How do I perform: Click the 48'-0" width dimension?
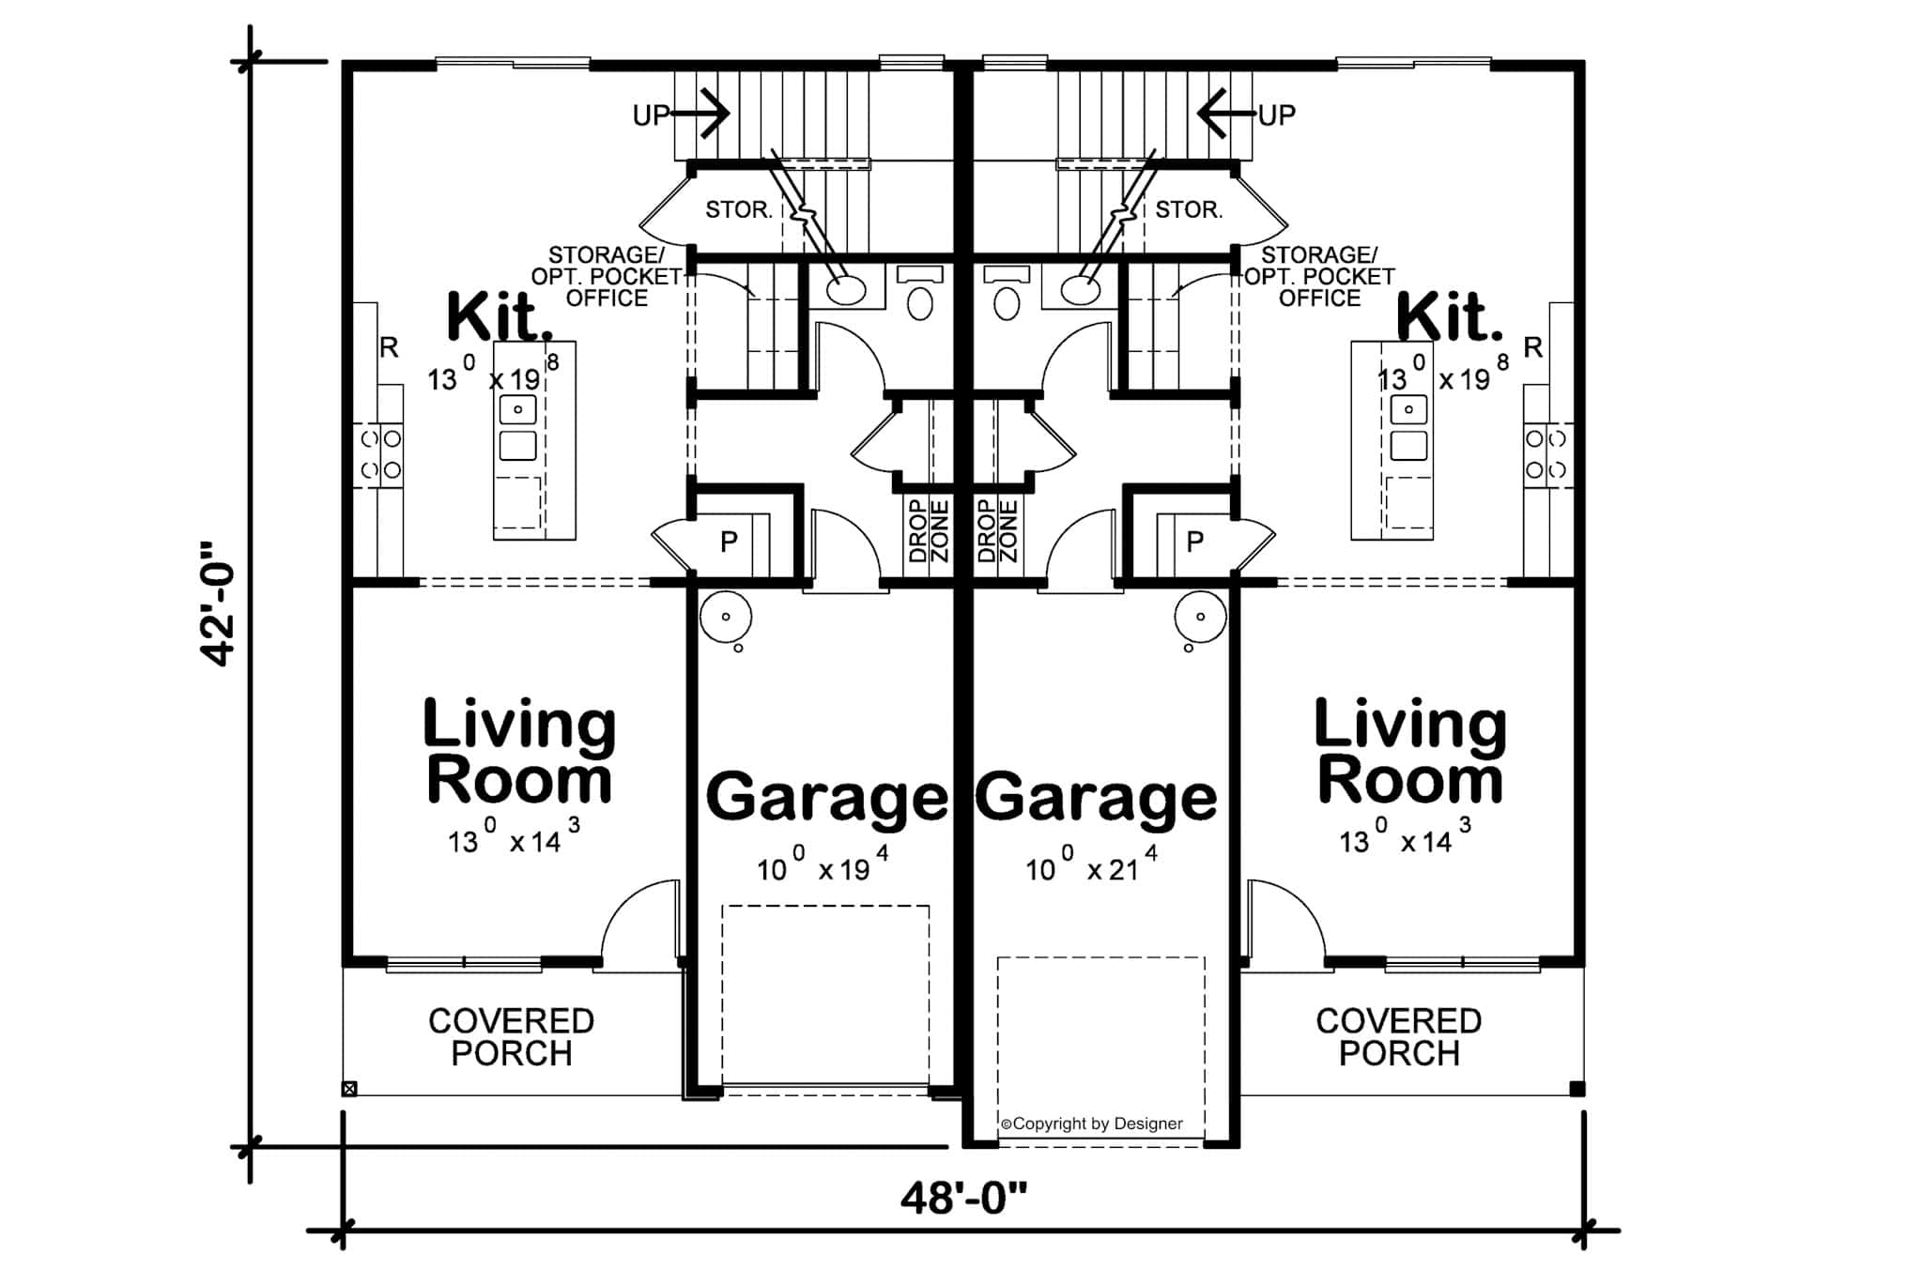(x=963, y=1199)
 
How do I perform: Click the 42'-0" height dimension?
(x=218, y=603)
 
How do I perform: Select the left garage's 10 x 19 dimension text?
(x=823, y=867)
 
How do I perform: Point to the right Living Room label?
(x=1409, y=751)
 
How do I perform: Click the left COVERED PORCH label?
(x=511, y=1037)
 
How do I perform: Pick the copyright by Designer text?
(x=1092, y=1124)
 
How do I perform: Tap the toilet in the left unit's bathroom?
(x=920, y=301)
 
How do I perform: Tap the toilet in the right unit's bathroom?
(x=1006, y=301)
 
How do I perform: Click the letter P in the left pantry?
(x=729, y=542)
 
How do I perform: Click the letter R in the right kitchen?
(x=1532, y=348)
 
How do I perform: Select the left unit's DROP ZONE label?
(x=929, y=531)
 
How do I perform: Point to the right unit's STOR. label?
(x=1189, y=209)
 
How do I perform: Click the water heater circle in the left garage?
(x=725, y=617)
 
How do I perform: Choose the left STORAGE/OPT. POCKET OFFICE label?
(x=607, y=277)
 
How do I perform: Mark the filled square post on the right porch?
(x=1577, y=1089)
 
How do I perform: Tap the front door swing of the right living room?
(x=1285, y=920)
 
